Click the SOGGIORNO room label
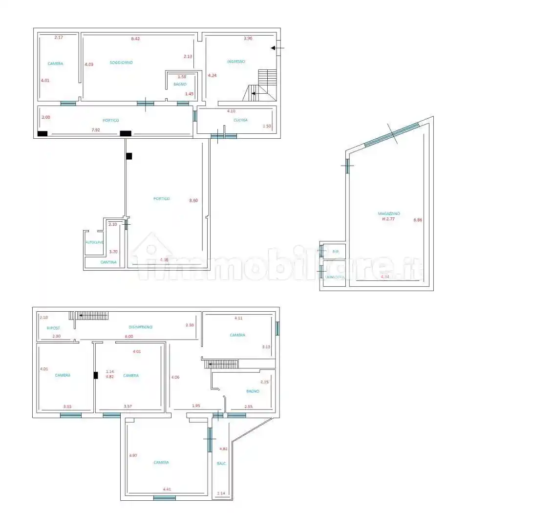click(121, 63)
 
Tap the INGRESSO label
click(235, 62)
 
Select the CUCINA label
click(240, 120)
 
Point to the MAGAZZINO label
click(389, 214)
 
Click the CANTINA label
click(108, 262)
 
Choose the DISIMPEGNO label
click(141, 327)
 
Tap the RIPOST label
click(53, 328)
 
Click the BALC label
click(221, 464)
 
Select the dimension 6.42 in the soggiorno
click(135, 39)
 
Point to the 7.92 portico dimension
click(97, 130)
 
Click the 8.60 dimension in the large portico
click(193, 200)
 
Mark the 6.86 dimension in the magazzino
click(417, 220)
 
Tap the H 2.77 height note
click(388, 219)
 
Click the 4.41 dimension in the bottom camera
click(167, 489)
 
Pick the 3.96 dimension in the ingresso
click(248, 39)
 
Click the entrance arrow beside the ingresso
click(277, 48)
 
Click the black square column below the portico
click(129, 156)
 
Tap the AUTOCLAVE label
click(94, 242)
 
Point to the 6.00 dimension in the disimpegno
click(128, 336)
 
